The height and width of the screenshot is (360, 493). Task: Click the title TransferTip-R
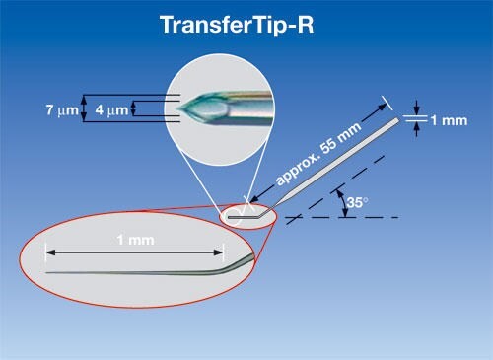(x=246, y=25)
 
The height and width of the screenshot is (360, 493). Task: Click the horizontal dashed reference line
(x=355, y=217)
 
